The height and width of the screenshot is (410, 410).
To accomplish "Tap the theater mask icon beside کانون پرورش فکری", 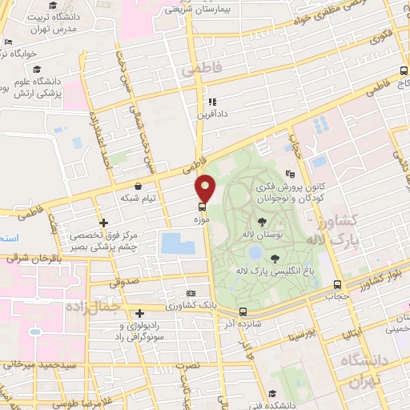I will point(289,173).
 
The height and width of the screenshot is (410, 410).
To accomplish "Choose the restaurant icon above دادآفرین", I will point(211,102).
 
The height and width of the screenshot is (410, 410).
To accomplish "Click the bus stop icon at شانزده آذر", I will point(243,312).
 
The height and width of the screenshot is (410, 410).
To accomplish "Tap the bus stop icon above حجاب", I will point(337,284).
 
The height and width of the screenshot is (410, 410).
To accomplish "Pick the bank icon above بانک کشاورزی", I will point(190,294).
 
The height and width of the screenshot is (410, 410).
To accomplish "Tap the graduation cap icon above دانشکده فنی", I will point(272,393).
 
